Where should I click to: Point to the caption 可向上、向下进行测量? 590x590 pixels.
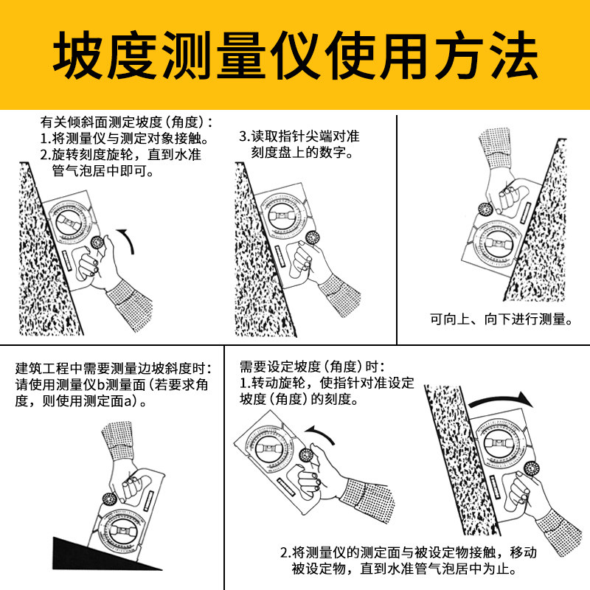501,319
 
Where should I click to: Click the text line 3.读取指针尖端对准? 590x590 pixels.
299,136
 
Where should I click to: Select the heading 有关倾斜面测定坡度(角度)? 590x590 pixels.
126,122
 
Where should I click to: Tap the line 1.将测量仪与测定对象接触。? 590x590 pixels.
125,139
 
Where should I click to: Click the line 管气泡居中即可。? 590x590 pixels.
103,171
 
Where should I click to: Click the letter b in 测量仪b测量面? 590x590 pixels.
101,384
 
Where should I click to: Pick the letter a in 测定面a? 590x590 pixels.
128,401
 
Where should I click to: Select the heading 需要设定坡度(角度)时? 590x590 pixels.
312,366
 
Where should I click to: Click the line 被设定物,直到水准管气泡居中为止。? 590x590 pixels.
404,568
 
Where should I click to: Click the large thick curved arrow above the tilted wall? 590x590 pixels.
501,400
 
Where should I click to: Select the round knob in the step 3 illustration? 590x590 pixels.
312,237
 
